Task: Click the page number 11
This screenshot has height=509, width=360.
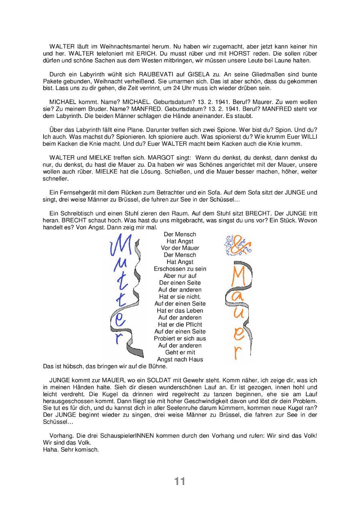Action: [x=180, y=481]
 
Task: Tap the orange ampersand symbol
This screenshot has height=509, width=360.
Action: [x=239, y=245]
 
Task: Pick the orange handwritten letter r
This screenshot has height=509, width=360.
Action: [x=238, y=353]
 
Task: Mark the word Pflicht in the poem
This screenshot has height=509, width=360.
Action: [x=192, y=324]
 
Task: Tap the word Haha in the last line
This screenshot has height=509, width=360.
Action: [x=50, y=449]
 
